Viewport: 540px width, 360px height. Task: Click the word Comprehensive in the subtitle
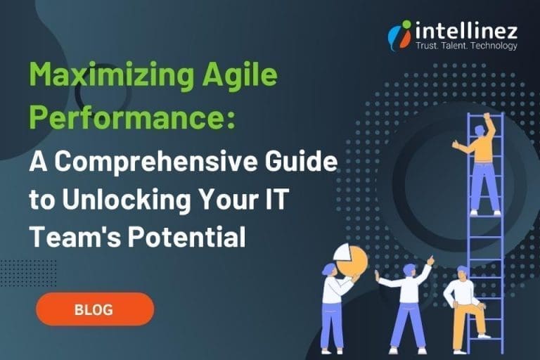point(155,161)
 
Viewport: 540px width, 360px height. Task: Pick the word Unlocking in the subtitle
point(127,200)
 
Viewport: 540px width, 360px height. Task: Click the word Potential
point(187,237)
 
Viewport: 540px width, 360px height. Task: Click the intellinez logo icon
point(400,35)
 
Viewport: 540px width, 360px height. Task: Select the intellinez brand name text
point(466,30)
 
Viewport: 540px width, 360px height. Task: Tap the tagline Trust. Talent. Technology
point(466,46)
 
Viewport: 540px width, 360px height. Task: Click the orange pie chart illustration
point(351,259)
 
